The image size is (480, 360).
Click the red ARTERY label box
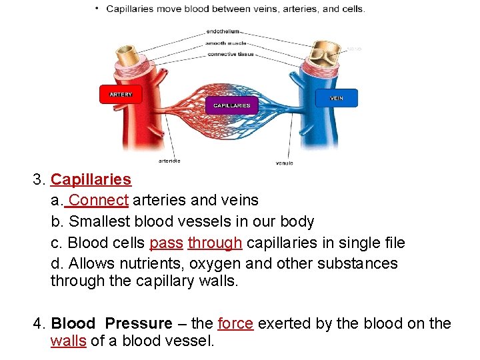coord(121,95)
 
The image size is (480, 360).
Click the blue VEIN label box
coord(337,98)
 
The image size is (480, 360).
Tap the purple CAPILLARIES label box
coord(232,105)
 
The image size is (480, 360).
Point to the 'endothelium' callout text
coord(223,31)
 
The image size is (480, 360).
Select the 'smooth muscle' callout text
coord(225,43)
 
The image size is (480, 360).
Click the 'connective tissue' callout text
coord(230,54)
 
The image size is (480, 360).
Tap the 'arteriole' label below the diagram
coord(169,161)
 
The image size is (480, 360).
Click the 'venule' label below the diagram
coord(284,163)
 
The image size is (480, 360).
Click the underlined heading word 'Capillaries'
coord(91,179)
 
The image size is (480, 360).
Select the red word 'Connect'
coord(99,200)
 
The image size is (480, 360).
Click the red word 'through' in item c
coord(215,243)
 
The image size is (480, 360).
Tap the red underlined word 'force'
coord(235,323)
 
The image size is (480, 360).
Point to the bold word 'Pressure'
coord(139,323)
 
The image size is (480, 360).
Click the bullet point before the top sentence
coord(97,9)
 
